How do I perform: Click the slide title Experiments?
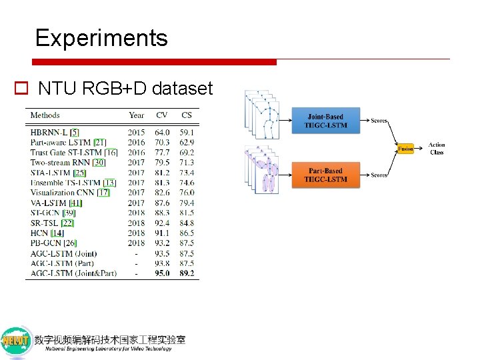tap(101, 38)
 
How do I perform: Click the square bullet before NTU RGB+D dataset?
tap(20, 88)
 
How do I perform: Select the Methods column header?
tap(45, 115)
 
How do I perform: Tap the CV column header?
tap(162, 115)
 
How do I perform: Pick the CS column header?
tap(187, 115)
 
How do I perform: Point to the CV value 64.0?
tap(162, 132)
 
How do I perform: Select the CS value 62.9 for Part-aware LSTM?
tap(187, 142)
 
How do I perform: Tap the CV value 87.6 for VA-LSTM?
tap(162, 203)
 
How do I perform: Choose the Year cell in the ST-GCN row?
tap(136, 213)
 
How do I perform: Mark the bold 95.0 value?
tap(162, 273)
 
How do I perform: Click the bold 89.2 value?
tap(187, 273)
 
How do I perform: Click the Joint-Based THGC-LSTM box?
tap(325, 121)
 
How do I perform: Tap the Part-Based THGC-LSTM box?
tap(325, 175)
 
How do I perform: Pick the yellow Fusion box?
tap(405, 149)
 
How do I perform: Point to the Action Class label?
tap(437, 148)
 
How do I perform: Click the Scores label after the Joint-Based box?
tap(379, 121)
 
